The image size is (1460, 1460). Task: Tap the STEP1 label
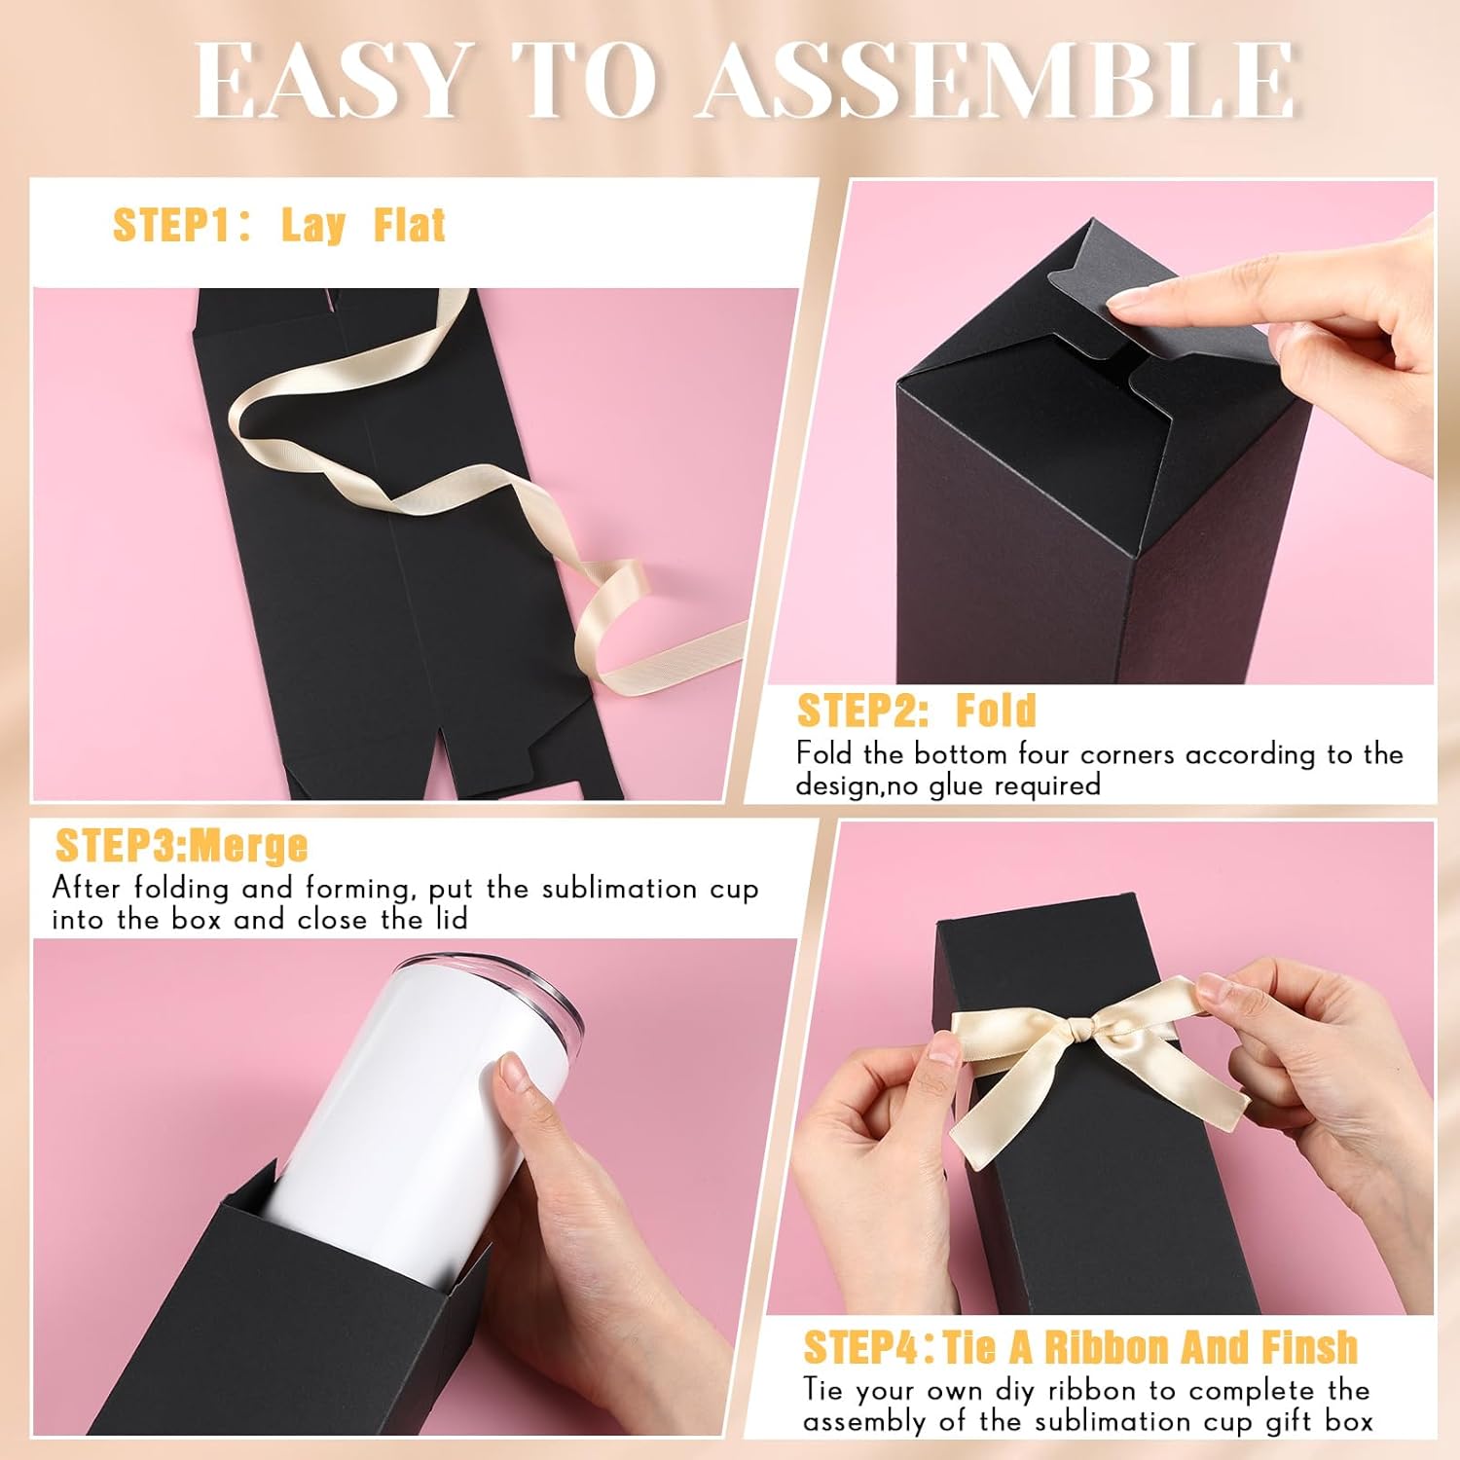point(171,226)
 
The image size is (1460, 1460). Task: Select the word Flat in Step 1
point(410,226)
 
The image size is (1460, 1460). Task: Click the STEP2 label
point(862,712)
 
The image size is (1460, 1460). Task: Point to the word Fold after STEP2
point(996,712)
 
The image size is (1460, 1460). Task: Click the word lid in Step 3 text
point(449,920)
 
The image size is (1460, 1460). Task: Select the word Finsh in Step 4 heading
point(1309,1348)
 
